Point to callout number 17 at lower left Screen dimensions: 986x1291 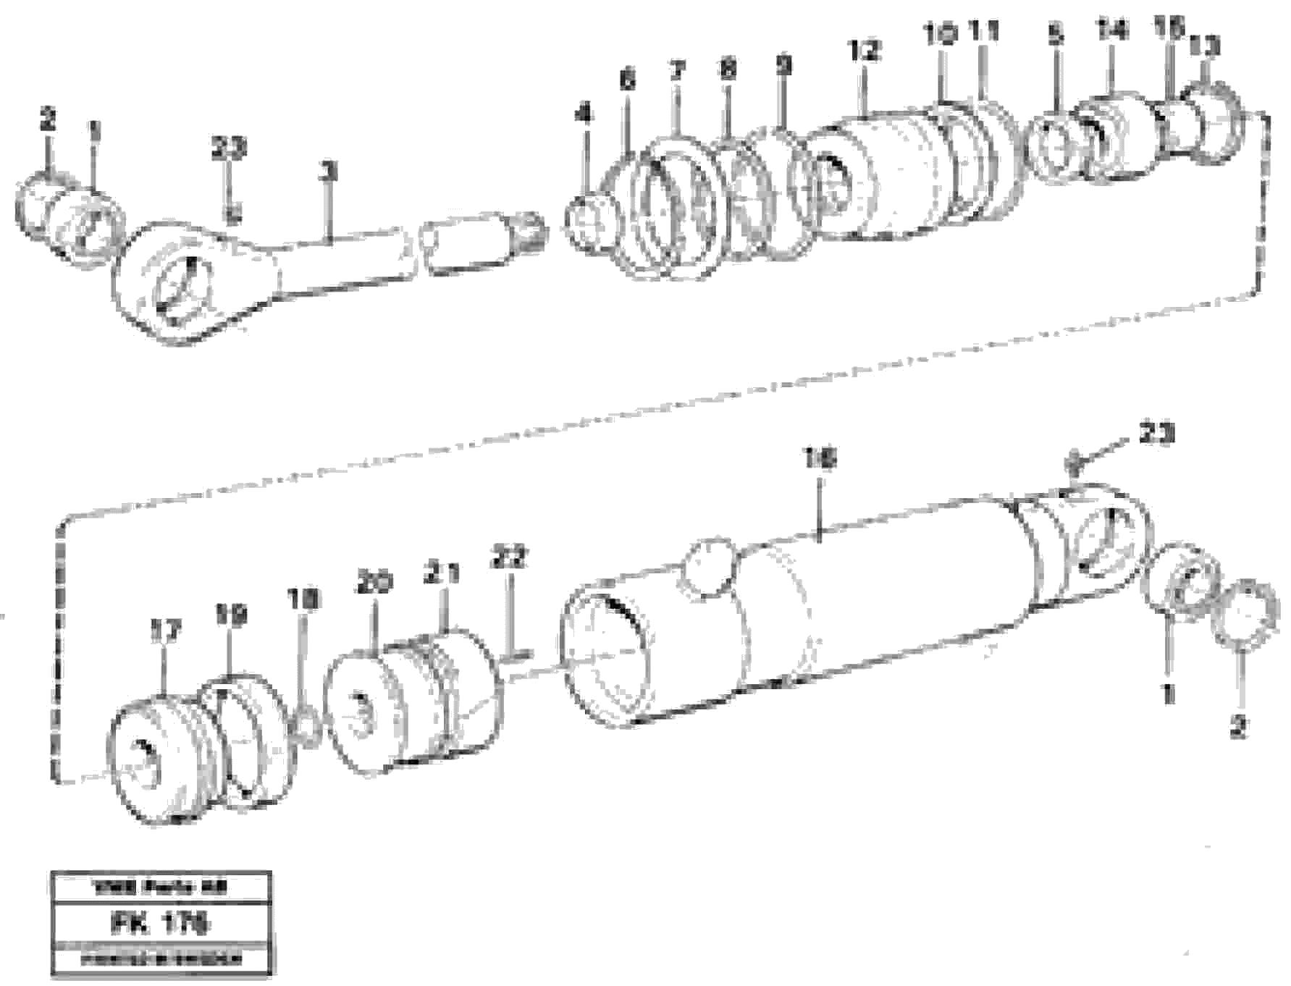[164, 631]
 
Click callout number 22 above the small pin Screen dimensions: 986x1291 [510, 558]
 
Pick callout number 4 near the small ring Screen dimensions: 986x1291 [584, 114]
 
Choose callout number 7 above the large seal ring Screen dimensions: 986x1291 [676, 71]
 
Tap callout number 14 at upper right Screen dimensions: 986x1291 [1112, 30]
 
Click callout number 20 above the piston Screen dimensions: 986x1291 [374, 583]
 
